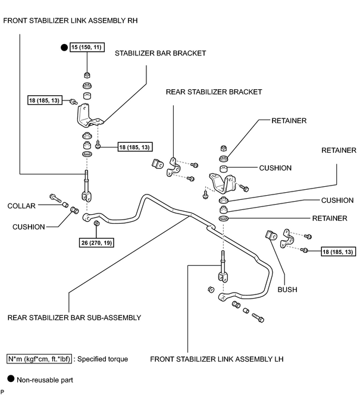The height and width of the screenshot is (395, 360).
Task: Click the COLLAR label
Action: (21, 206)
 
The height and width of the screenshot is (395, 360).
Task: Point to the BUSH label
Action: (287, 290)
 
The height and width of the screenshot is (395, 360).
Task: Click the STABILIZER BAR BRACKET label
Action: (161, 53)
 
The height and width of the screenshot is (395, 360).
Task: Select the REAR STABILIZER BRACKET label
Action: (214, 92)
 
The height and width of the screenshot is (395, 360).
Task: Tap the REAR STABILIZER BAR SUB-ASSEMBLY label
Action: (74, 318)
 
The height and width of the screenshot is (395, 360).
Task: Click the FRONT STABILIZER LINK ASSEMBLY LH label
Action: (217, 359)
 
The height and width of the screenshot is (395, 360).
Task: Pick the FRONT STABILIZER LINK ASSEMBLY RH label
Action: (71, 20)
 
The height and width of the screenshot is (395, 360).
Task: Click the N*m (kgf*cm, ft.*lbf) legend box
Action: (39, 359)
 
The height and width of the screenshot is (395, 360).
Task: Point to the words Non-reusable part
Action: (45, 380)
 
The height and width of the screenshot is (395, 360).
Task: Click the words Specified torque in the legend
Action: (102, 359)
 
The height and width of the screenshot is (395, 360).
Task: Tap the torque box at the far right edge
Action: (339, 252)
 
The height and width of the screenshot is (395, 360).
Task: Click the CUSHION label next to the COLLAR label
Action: (29, 227)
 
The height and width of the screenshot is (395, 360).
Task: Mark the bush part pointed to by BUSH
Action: (271, 235)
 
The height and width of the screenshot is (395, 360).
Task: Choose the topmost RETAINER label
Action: (289, 121)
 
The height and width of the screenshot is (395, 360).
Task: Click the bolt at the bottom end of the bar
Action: (258, 318)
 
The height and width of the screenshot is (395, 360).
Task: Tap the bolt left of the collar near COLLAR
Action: (55, 198)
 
